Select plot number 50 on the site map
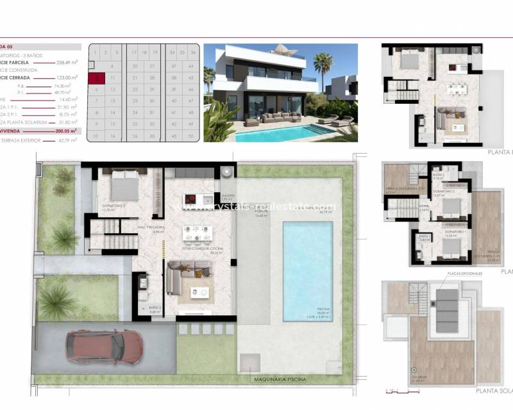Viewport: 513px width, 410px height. click(191, 136)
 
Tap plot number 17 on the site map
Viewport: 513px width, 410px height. click(135, 53)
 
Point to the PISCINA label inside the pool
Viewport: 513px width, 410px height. click(308, 309)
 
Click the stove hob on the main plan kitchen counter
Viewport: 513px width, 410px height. click(193, 201)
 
